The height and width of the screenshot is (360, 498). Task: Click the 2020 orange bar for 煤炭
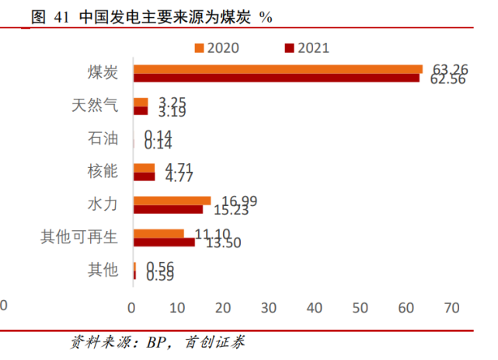click(x=278, y=69)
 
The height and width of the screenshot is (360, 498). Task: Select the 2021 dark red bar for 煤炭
click(x=277, y=77)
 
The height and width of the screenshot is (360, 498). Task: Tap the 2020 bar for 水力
click(x=172, y=201)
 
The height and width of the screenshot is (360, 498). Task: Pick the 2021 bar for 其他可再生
click(x=164, y=243)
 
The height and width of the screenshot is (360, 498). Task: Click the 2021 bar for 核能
click(x=145, y=176)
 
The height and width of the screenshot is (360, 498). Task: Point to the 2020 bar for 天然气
click(x=141, y=102)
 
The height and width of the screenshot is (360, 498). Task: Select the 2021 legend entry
click(x=308, y=48)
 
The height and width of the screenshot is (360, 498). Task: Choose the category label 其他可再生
click(x=78, y=237)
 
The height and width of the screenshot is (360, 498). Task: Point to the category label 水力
click(x=103, y=204)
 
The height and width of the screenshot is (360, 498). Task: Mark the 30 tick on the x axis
click(x=270, y=308)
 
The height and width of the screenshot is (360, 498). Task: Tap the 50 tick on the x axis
click(x=360, y=308)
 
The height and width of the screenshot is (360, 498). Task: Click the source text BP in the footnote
click(x=158, y=342)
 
